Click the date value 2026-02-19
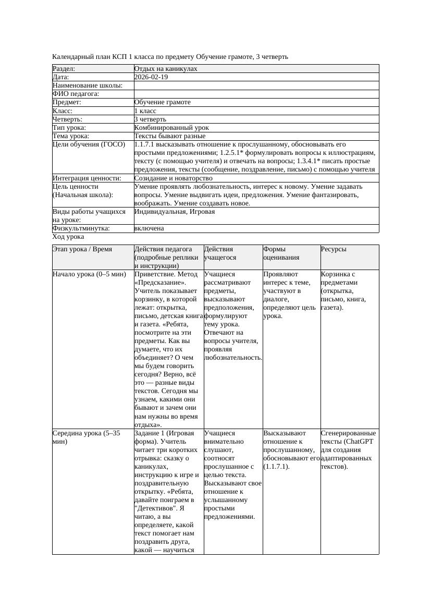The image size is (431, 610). [151, 77]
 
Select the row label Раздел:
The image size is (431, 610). [64, 69]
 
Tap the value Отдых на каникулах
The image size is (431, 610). [166, 69]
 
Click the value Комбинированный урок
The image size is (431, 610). [171, 128]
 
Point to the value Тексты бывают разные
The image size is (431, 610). [169, 136]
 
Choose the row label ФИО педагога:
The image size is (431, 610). [76, 94]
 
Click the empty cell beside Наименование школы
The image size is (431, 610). [255, 86]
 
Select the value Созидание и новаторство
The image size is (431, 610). [173, 178]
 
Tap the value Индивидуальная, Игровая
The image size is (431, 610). [175, 212]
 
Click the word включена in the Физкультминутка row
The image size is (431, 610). [149, 228]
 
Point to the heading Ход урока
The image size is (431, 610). [68, 237]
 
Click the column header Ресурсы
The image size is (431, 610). [334, 250]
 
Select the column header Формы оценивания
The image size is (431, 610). [281, 253]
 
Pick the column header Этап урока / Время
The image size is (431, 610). [82, 250]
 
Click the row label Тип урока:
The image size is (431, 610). [69, 128]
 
